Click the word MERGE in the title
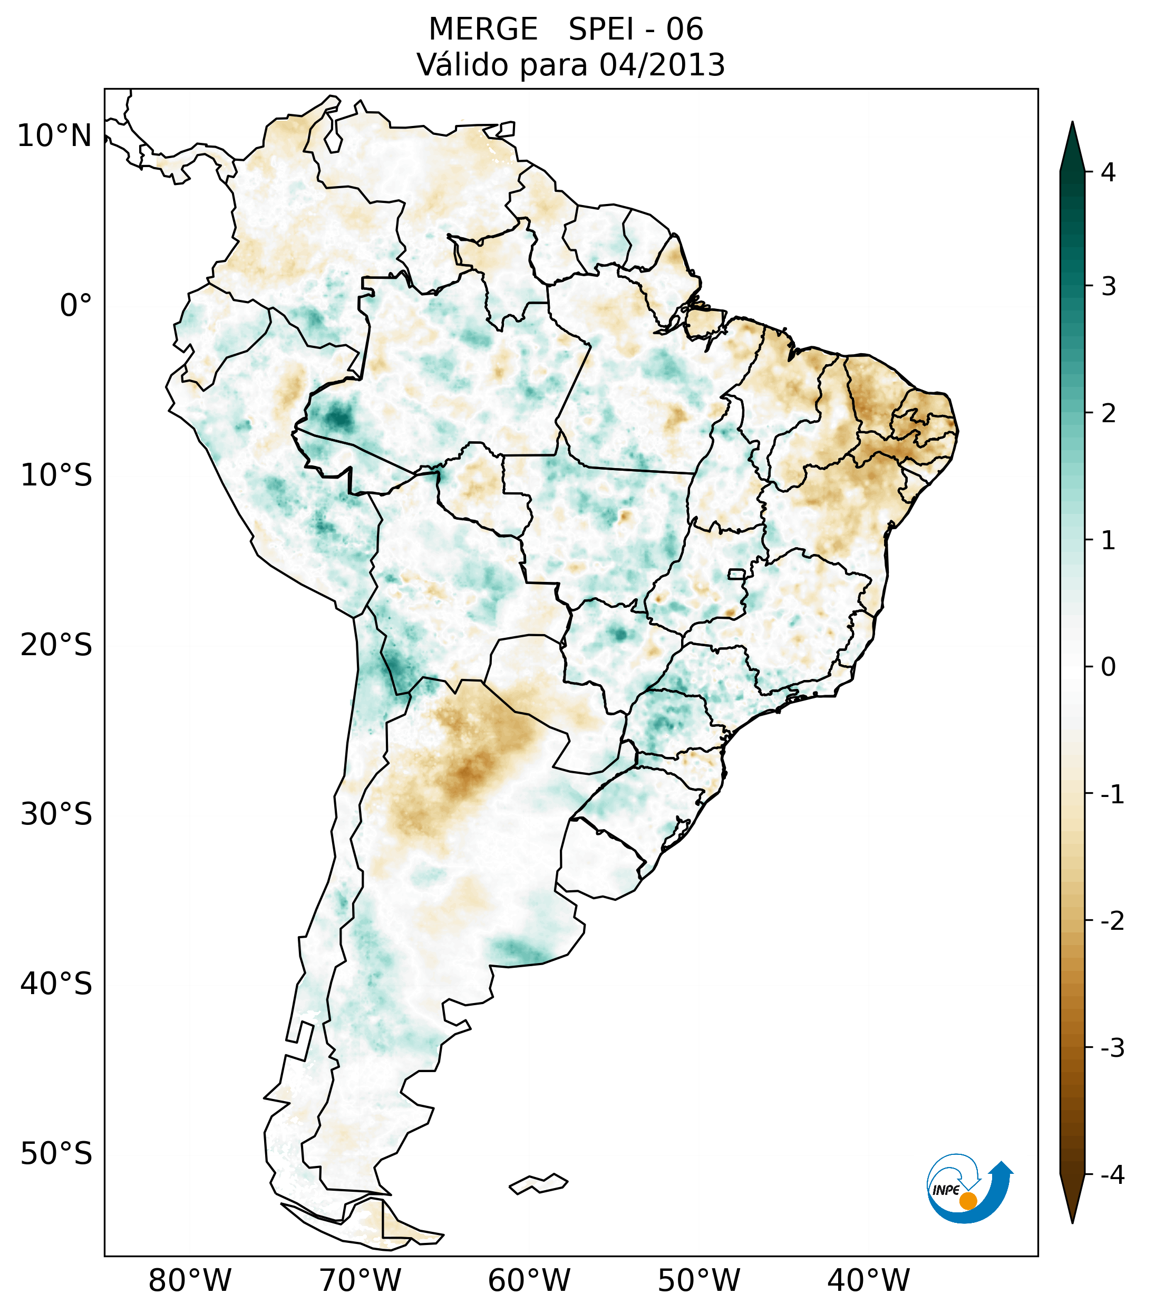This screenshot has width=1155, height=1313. [483, 30]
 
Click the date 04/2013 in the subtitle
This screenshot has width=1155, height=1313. [662, 65]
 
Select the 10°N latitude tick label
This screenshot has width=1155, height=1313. [55, 136]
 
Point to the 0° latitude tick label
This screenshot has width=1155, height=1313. [76, 306]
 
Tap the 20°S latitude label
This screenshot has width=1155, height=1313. [56, 645]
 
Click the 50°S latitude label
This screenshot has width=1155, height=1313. [56, 1154]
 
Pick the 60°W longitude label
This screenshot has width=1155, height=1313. [529, 1280]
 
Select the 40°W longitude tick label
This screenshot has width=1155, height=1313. [869, 1280]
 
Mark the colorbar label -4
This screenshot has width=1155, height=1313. [1112, 1175]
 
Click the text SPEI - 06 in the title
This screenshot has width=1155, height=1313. [636, 30]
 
